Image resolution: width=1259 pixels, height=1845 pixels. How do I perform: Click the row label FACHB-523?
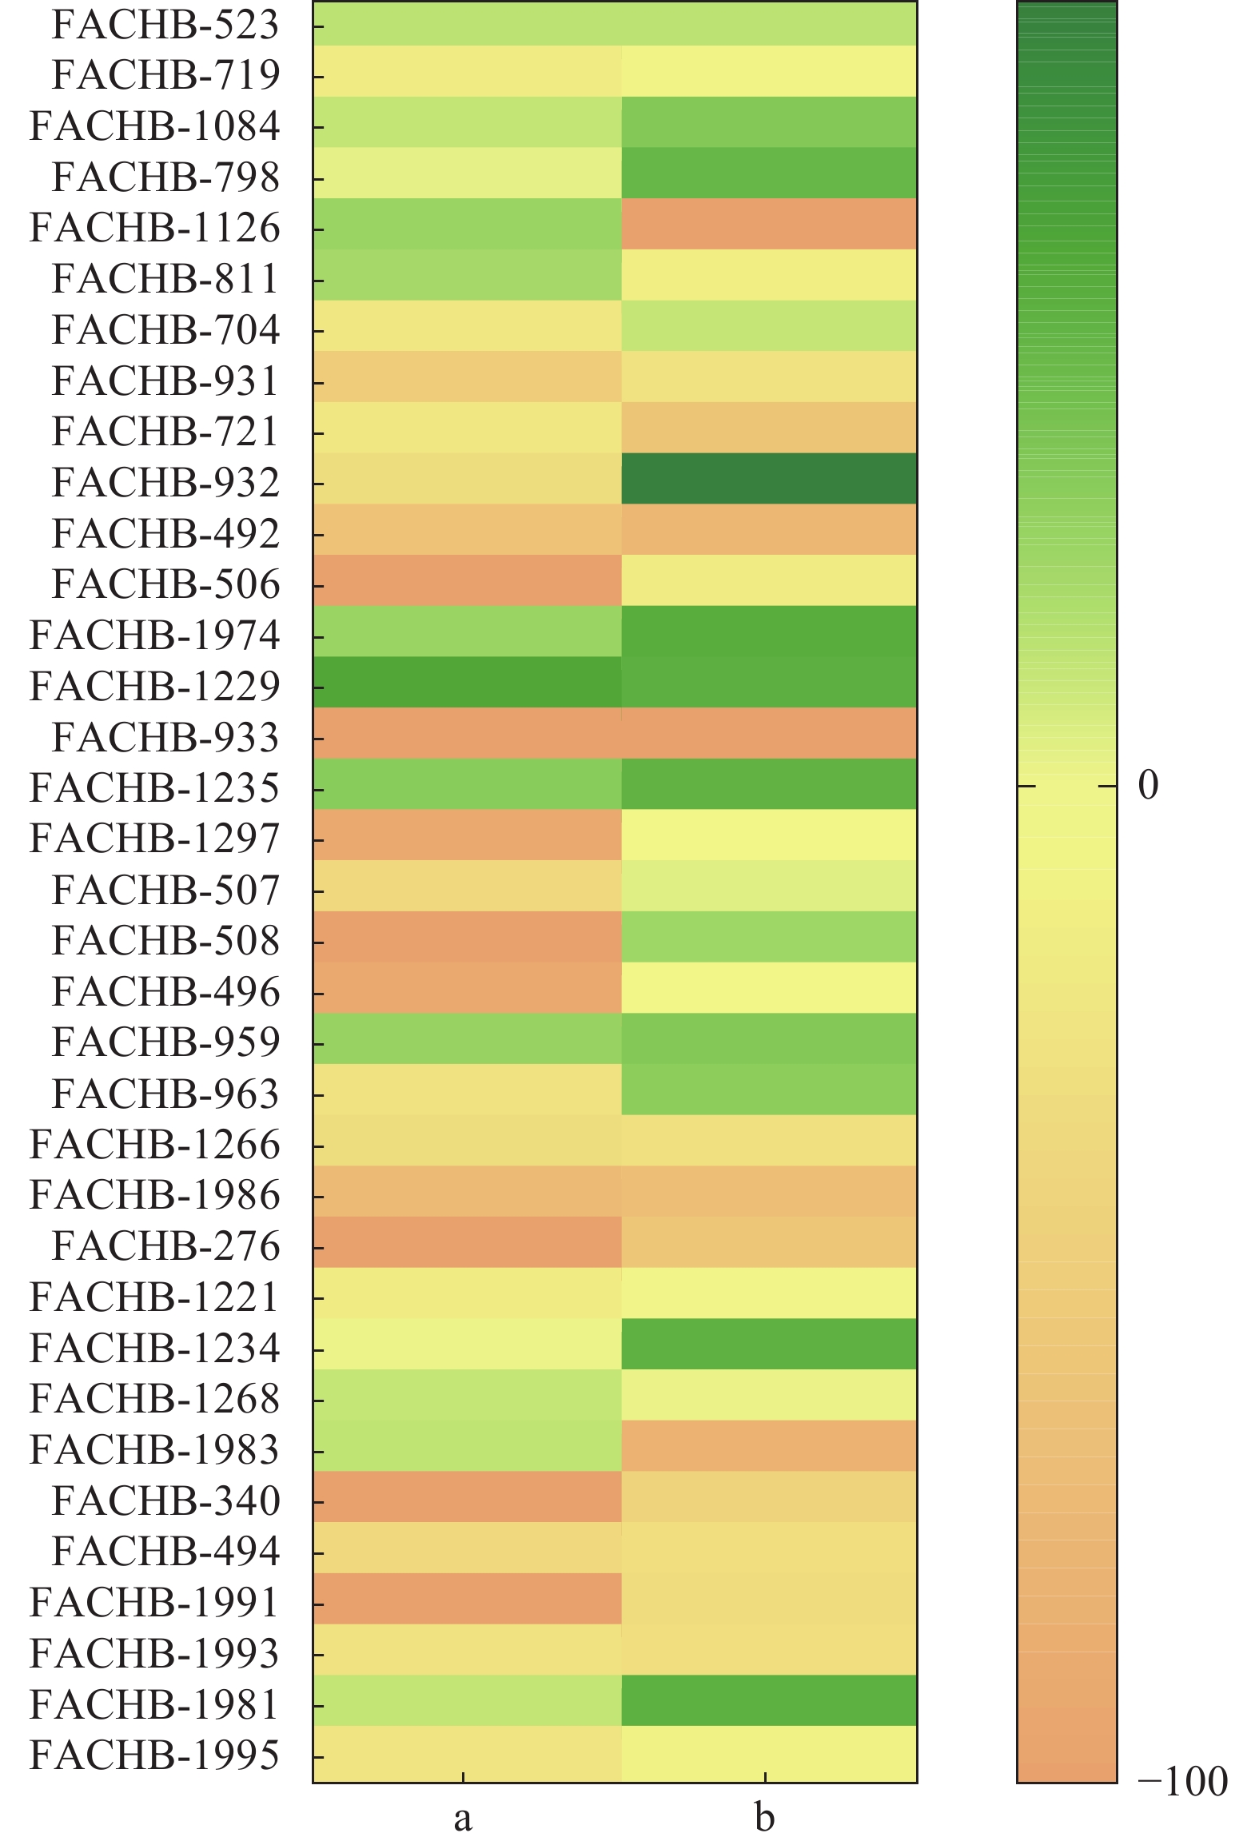pyautogui.click(x=165, y=25)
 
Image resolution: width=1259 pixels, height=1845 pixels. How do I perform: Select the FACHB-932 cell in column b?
pyautogui.click(x=769, y=479)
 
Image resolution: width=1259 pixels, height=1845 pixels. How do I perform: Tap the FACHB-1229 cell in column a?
pyautogui.click(x=467, y=683)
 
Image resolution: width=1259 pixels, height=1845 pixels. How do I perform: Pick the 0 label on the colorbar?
pyautogui.click(x=1148, y=786)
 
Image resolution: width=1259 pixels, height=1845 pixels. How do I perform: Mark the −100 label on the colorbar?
pyautogui.click(x=1182, y=1781)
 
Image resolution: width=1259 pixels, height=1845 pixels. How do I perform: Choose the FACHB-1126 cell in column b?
pyautogui.click(x=769, y=224)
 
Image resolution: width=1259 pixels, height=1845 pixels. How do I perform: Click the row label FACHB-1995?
pyautogui.click(x=154, y=1755)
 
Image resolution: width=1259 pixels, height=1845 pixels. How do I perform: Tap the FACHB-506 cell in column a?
pyautogui.click(x=467, y=580)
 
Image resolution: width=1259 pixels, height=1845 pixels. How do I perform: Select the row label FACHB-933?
pyautogui.click(x=165, y=737)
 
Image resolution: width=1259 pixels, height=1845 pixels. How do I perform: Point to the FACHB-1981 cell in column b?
pyautogui.click(x=769, y=1700)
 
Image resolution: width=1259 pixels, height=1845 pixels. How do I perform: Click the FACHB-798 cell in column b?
pyautogui.click(x=769, y=173)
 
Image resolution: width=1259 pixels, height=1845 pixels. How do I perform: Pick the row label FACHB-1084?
pyautogui.click(x=154, y=126)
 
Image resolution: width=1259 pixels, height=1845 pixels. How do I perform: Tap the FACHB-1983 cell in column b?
pyautogui.click(x=769, y=1445)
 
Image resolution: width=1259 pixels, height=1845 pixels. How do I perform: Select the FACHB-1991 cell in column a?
pyautogui.click(x=467, y=1599)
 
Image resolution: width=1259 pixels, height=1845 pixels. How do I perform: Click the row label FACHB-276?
pyautogui.click(x=165, y=1245)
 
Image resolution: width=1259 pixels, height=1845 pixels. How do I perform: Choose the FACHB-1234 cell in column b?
pyautogui.click(x=769, y=1344)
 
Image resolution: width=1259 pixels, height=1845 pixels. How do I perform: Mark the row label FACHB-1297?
pyautogui.click(x=154, y=839)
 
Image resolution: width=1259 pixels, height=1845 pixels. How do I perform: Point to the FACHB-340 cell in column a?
pyautogui.click(x=467, y=1496)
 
